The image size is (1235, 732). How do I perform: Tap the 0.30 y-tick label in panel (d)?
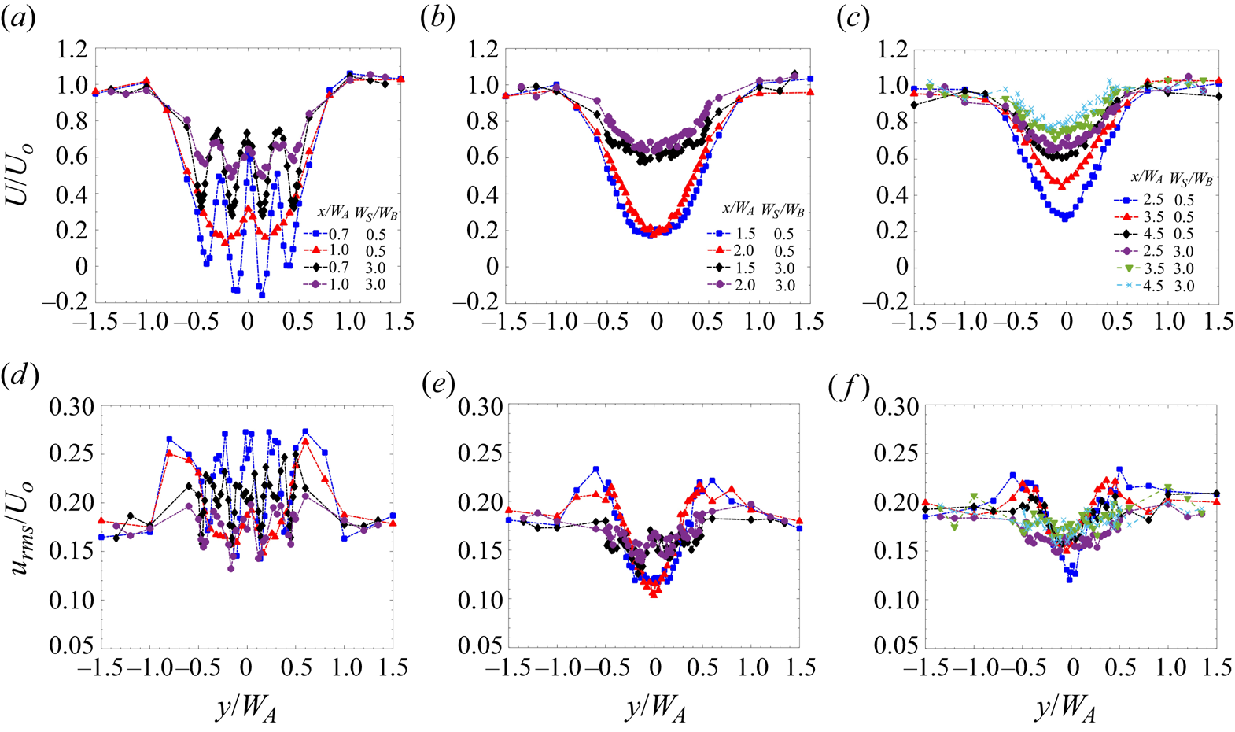(72, 406)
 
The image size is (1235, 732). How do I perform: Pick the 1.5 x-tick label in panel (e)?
(800, 667)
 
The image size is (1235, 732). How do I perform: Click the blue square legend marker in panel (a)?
(315, 234)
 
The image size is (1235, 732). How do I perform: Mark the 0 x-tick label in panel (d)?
(246, 667)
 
